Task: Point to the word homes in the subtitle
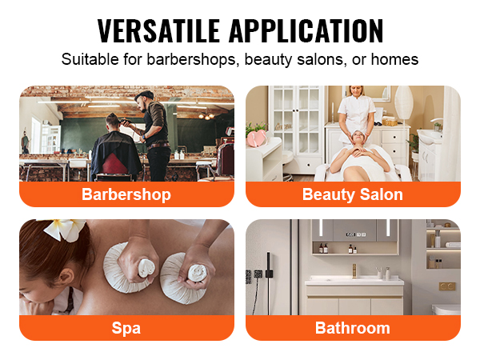coord(398,59)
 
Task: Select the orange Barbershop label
coord(126,194)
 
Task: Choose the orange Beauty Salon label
coord(353,194)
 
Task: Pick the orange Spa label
coord(126,327)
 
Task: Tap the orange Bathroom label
coord(353,327)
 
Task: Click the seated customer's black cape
coord(115,156)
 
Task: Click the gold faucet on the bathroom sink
coord(354,270)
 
